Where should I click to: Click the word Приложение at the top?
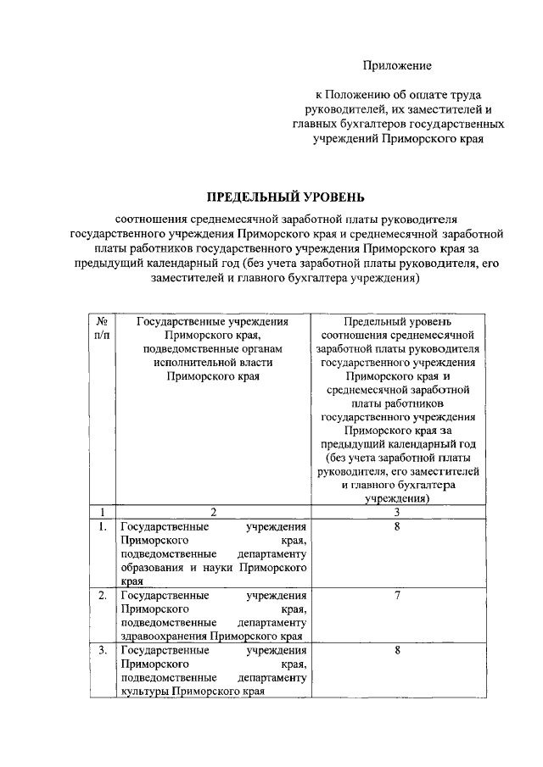[398, 65]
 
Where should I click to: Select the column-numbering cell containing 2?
[213, 512]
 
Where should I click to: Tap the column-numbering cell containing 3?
[396, 512]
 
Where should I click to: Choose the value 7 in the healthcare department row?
[397, 596]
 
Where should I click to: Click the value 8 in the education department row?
[397, 527]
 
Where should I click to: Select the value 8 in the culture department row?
[397, 651]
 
